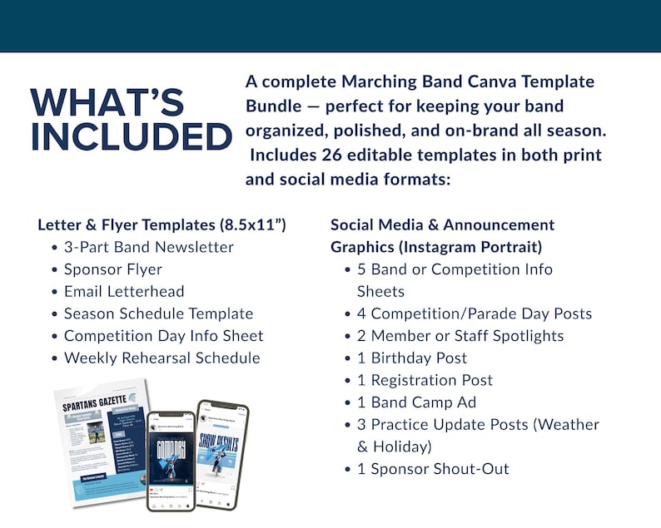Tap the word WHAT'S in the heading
click(107, 102)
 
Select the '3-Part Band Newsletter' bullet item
click(148, 247)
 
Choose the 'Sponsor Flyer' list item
click(112, 269)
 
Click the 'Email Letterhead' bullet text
click(124, 292)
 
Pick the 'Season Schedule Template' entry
click(158, 314)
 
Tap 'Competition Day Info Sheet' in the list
click(163, 336)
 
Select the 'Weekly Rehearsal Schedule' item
click(162, 358)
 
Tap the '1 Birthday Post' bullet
click(412, 358)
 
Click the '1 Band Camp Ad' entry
click(418, 402)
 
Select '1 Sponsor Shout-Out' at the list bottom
click(433, 469)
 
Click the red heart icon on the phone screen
click(151, 492)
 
